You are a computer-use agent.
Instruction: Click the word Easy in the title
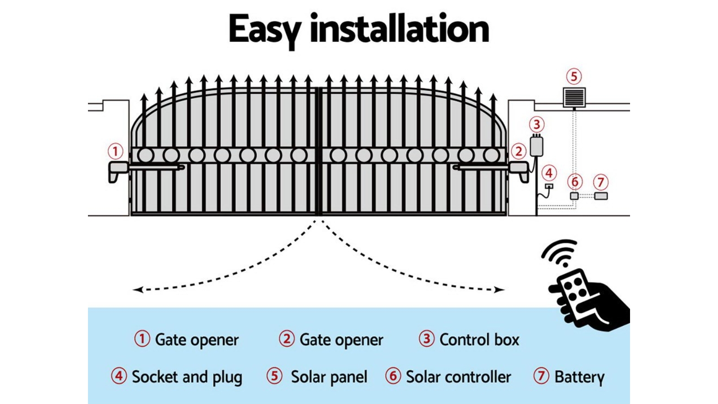pos(264,30)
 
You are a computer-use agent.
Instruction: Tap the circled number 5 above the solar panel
pos(574,76)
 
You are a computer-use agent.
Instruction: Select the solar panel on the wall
pos(574,97)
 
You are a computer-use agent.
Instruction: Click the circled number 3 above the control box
pos(536,124)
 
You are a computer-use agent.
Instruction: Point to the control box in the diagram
pos(536,146)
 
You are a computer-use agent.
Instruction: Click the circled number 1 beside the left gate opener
pos(115,151)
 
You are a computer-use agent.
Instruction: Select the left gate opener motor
pos(118,170)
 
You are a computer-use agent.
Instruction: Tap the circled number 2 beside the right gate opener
pos(519,151)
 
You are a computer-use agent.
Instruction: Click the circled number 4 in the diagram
pos(549,173)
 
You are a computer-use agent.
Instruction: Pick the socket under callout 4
pos(549,186)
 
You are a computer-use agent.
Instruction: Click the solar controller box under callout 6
pos(574,196)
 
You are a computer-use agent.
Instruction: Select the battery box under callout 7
pos(600,196)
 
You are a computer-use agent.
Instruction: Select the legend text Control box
pos(479,340)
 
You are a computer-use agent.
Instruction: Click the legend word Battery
pos(579,377)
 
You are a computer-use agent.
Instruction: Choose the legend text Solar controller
pos(458,377)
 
